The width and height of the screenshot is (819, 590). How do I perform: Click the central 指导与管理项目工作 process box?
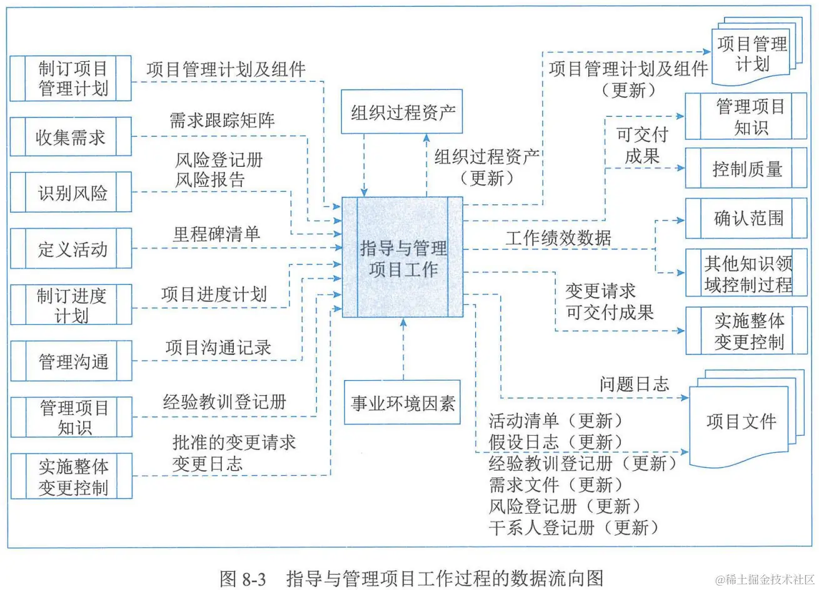403,257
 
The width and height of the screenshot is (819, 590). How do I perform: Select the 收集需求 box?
71,137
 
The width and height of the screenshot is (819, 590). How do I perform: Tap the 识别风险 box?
71,192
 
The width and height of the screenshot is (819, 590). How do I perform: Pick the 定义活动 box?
71,249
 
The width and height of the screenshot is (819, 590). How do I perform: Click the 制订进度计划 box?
71,304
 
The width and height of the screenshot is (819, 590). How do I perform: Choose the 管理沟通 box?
71,361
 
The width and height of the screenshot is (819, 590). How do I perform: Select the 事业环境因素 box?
402,402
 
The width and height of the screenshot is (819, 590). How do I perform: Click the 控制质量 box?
746,168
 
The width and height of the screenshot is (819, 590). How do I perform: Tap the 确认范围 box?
746,218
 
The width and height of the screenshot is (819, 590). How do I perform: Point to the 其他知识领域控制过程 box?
746,274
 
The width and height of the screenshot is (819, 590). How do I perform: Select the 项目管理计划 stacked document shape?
752,54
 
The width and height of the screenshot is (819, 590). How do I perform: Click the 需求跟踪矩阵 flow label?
222,120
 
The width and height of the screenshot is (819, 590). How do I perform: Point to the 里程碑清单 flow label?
216,234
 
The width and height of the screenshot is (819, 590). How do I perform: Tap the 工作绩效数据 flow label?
558,237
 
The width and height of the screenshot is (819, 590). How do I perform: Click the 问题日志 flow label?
633,384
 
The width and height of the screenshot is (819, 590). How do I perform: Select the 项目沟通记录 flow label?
218,347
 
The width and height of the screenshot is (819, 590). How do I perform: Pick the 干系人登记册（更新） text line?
574,527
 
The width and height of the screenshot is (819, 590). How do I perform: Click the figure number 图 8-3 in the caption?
243,578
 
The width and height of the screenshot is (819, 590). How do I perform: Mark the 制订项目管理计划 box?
71,78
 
